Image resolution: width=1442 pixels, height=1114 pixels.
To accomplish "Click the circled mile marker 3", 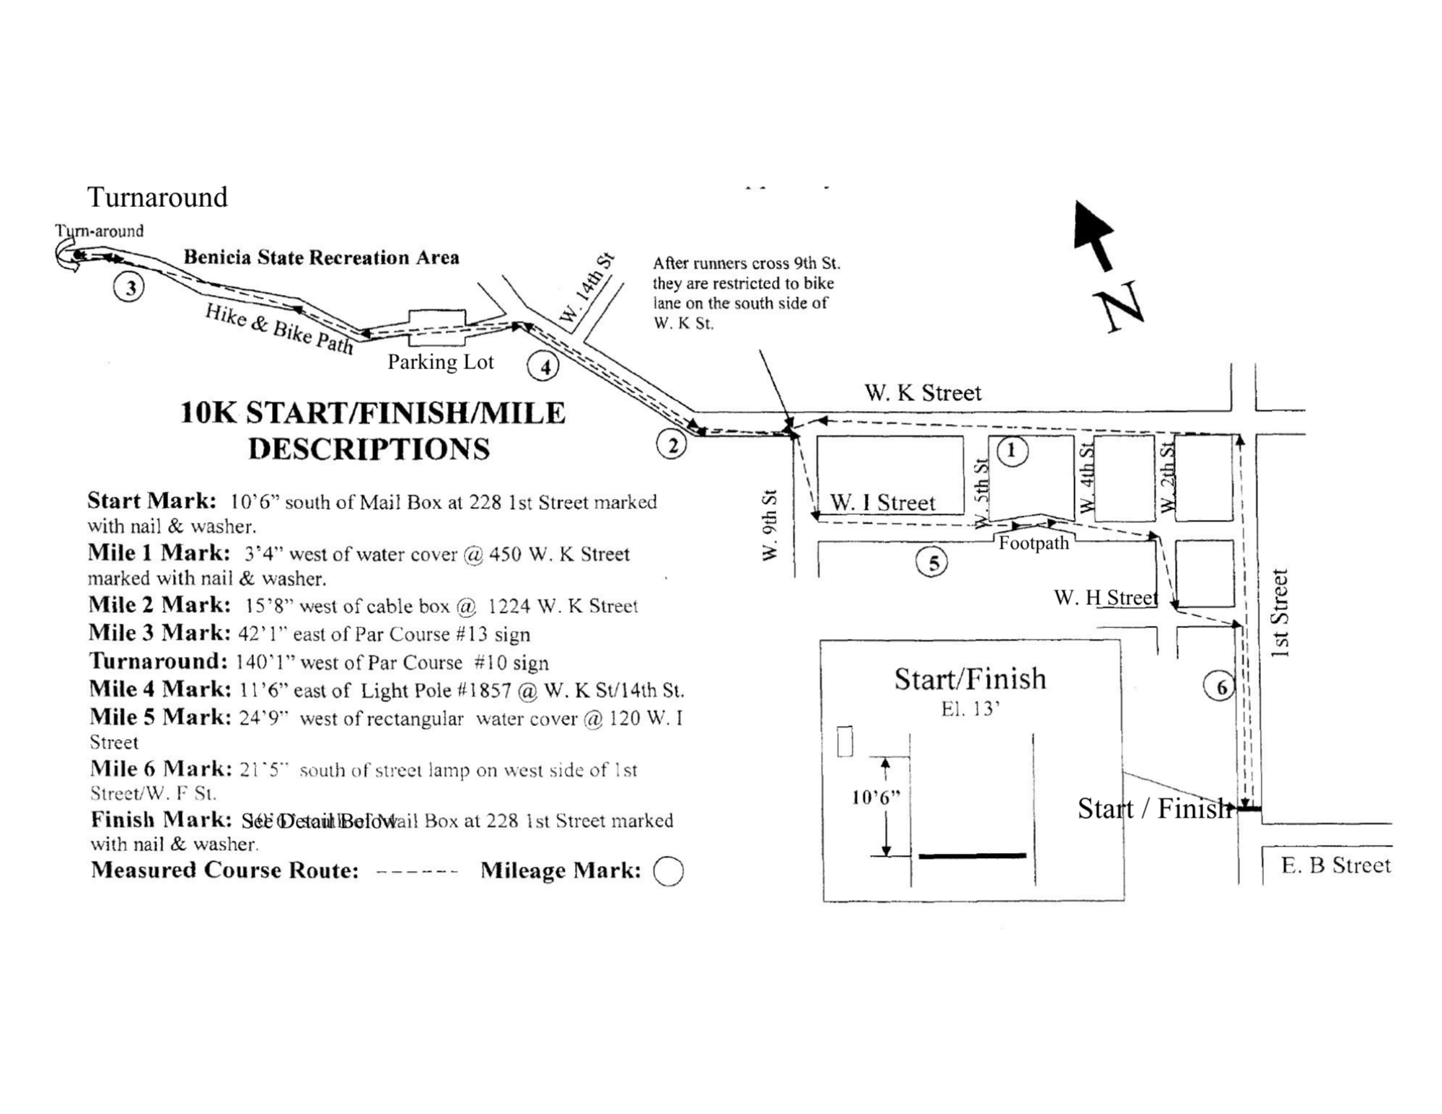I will (x=129, y=288).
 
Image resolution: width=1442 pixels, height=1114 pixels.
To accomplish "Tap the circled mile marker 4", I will (x=543, y=367).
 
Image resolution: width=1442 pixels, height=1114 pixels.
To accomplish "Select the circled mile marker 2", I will (x=672, y=446).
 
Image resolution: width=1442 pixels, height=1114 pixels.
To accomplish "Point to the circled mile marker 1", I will (x=1011, y=451).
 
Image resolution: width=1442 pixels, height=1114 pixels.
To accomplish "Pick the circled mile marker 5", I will (x=932, y=562).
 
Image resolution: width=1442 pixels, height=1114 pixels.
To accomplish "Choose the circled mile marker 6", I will (x=1219, y=687).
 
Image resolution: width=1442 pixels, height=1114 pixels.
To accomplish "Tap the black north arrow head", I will (x=1091, y=224).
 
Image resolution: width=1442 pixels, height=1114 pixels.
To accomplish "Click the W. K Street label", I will (x=923, y=393).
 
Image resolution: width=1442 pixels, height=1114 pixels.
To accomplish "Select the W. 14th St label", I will (x=587, y=288).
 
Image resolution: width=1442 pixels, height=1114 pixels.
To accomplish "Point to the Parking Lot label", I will (x=440, y=362).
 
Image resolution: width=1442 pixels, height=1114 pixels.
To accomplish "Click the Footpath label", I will (x=1033, y=543).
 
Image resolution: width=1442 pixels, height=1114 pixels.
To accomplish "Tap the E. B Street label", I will (x=1335, y=865).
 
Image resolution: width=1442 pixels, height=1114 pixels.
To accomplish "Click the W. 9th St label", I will (x=770, y=525).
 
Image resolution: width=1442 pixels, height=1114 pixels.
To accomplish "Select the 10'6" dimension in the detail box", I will (x=876, y=797).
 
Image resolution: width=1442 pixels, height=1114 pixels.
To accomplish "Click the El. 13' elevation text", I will (x=970, y=709).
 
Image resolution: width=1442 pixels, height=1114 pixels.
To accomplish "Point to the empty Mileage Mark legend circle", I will (x=668, y=871).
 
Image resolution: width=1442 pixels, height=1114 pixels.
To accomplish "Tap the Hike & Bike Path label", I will (x=279, y=329).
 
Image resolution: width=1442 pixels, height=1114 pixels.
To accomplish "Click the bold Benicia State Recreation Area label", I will (x=321, y=257).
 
